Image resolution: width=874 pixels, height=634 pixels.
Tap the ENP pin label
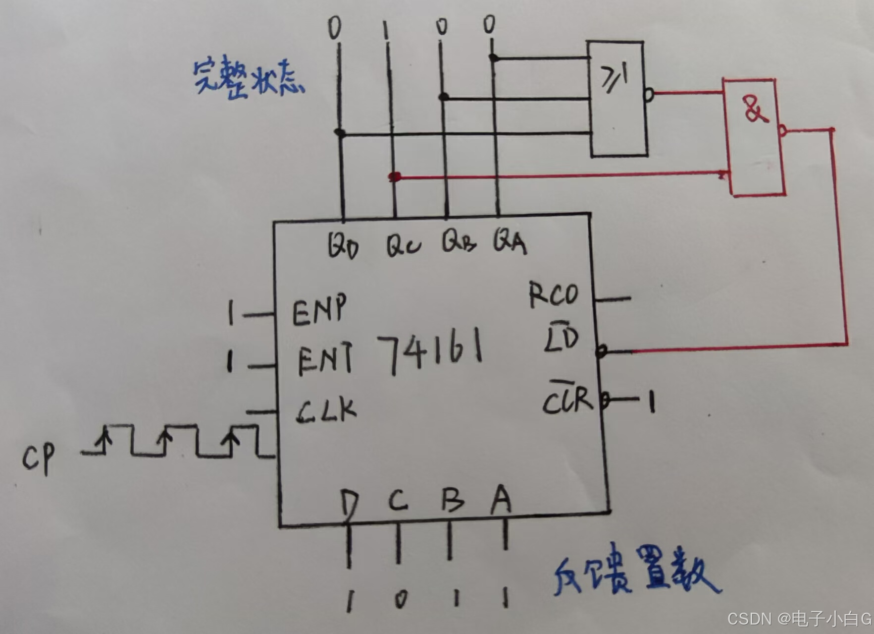click(x=319, y=310)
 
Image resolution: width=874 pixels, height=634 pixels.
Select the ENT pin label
click(x=325, y=359)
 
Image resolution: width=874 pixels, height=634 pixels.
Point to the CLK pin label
click(x=327, y=410)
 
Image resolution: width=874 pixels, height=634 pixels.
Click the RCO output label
click(x=553, y=295)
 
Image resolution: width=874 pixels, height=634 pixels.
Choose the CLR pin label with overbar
click(x=567, y=398)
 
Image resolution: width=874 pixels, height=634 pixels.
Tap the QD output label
click(x=343, y=245)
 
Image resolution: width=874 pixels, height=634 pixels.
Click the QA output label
click(x=509, y=242)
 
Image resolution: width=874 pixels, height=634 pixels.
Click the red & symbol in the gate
click(x=754, y=110)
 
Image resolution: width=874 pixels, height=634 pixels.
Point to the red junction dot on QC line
click(x=395, y=177)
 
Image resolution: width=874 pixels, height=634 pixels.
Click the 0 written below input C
click(x=400, y=600)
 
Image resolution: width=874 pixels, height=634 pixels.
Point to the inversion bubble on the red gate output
click(x=782, y=131)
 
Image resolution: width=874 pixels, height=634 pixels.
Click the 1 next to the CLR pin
click(x=652, y=402)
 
